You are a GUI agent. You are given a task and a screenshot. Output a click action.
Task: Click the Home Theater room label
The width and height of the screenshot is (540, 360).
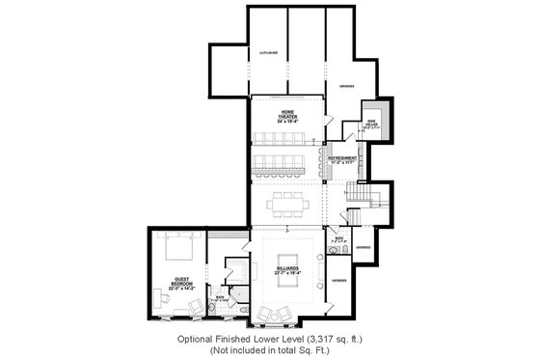click(x=286, y=112)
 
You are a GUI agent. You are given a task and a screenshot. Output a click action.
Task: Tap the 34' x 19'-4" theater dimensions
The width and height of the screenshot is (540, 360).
click(x=286, y=122)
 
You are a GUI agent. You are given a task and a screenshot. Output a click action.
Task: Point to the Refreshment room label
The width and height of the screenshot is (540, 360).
click(x=343, y=156)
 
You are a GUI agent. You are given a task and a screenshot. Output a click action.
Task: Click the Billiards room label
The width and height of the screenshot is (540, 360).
click(x=286, y=266)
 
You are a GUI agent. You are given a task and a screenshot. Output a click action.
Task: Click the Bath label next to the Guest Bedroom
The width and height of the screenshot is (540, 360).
click(x=220, y=296)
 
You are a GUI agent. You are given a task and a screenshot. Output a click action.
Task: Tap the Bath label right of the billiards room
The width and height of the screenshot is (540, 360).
click(x=338, y=236)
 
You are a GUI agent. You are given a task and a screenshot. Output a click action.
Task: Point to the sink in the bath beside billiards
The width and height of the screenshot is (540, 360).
click(x=332, y=251)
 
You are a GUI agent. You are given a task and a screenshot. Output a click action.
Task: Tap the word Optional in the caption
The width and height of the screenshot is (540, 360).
click(x=198, y=340)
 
